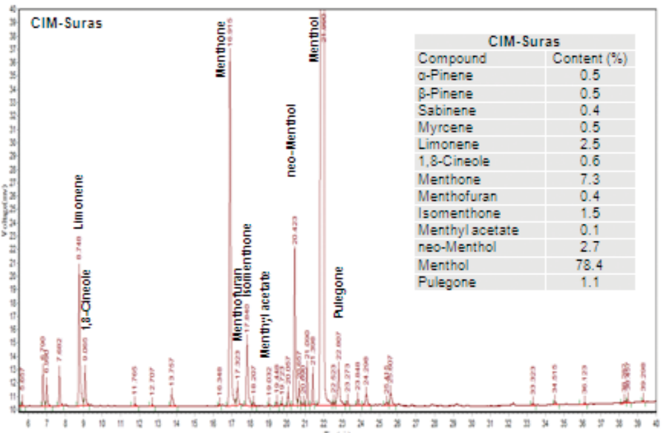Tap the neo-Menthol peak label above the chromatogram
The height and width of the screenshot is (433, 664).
tap(292, 140)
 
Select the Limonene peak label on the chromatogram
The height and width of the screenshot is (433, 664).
tap(80, 203)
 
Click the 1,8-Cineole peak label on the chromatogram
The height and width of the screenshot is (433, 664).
tap(87, 300)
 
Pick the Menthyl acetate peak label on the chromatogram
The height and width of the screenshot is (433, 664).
tap(264, 315)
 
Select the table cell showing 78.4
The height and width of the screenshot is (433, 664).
tap(590, 265)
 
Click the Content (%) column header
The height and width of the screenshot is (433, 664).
tap(590, 59)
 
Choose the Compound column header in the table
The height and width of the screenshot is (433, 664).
tap(453, 59)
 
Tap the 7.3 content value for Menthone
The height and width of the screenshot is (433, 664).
tap(590, 179)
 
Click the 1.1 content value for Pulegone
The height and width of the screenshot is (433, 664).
tap(590, 282)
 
